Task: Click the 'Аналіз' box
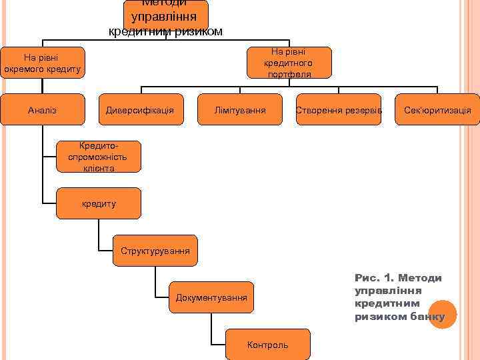43,109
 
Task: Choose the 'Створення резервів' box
339,109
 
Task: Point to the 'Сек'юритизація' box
437,109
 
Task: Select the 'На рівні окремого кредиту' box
43,63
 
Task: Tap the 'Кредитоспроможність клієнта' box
99,157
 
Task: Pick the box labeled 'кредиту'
99,203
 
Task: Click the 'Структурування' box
155,251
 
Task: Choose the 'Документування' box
211,297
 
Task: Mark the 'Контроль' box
268,345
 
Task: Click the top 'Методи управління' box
165,13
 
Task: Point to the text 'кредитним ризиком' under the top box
165,32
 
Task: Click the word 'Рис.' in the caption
367,278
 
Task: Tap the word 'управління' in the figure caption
380,291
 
